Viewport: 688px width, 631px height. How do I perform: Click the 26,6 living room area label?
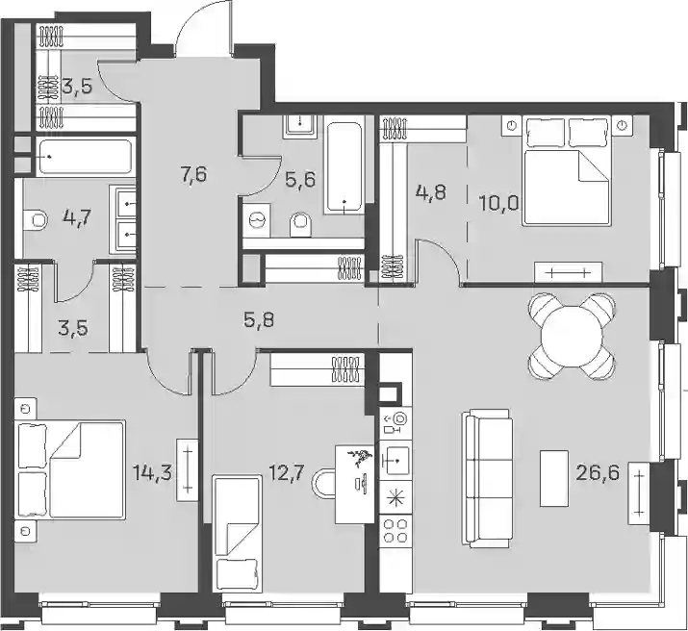pyautogui.click(x=599, y=473)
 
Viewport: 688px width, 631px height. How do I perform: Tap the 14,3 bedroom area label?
pyautogui.click(x=152, y=473)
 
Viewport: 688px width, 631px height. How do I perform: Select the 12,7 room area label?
pyautogui.click(x=286, y=473)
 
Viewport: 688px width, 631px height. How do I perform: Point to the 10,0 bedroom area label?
pyautogui.click(x=499, y=204)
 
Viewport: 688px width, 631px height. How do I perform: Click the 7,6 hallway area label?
pyautogui.click(x=193, y=174)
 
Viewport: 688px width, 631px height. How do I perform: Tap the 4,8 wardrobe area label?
pyautogui.click(x=431, y=192)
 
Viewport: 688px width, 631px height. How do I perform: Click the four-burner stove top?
pyautogui.click(x=395, y=530)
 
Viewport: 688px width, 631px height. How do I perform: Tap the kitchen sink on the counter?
pyautogui.click(x=395, y=460)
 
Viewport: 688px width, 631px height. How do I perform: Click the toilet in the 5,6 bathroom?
pyautogui.click(x=300, y=223)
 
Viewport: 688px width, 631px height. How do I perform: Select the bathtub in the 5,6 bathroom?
pyautogui.click(x=344, y=168)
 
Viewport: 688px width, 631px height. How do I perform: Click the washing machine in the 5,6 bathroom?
pyautogui.click(x=256, y=219)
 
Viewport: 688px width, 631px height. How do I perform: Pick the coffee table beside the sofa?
pyautogui.click(x=554, y=478)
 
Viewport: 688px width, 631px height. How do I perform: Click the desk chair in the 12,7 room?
pyautogui.click(x=323, y=484)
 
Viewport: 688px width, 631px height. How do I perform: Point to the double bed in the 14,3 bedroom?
pyautogui.click(x=70, y=468)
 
